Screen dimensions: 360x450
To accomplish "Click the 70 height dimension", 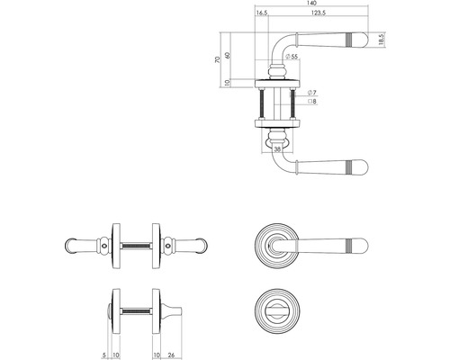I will [x=216, y=61].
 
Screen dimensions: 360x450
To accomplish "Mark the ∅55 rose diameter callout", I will [x=292, y=58].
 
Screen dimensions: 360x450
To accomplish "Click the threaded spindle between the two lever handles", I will [x=137, y=244].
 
